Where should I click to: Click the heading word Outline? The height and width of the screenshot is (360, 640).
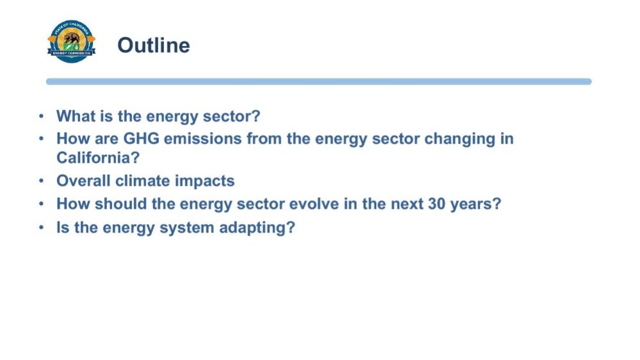(154, 45)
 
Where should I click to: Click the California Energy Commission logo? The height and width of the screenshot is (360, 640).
(71, 41)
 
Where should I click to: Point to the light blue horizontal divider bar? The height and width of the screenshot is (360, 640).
(319, 81)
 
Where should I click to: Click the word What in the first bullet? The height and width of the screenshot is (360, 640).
(76, 116)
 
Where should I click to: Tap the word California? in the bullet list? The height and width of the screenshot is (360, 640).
(98, 158)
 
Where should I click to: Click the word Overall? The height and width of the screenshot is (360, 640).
(83, 181)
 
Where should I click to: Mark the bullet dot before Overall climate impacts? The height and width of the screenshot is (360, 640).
(41, 181)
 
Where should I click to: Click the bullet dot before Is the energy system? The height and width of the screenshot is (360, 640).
(41, 227)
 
